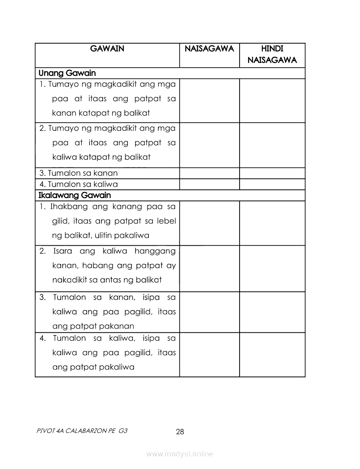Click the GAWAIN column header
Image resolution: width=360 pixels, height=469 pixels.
coord(107,48)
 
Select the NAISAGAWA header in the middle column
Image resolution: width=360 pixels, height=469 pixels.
coord(209,48)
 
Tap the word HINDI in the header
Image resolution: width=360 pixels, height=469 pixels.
coord(272,48)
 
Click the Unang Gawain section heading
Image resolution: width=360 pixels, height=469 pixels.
coord(67,73)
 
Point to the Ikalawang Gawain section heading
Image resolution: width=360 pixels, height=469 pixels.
coord(75,195)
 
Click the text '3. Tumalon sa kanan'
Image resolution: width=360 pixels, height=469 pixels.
coord(79,173)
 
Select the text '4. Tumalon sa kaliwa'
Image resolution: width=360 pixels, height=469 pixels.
coord(79,184)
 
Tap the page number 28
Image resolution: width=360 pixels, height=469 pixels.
coord(180,432)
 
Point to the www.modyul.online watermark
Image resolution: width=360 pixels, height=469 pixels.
coord(180,454)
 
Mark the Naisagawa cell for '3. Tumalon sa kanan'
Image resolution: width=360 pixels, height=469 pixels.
coord(209,173)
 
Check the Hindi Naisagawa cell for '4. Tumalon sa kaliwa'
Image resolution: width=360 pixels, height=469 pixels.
coord(272,184)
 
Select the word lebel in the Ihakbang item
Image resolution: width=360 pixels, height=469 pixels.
coord(167,221)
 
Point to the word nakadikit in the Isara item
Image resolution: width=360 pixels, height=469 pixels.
coord(70,280)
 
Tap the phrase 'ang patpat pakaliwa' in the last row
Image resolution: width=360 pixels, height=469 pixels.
coord(93,367)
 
